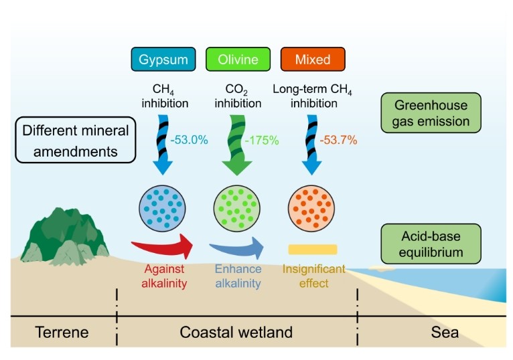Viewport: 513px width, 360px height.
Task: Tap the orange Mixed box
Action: (312, 59)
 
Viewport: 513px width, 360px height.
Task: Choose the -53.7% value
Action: (338, 140)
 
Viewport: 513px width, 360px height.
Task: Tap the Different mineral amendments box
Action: (74, 139)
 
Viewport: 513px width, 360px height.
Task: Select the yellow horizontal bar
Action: (312, 250)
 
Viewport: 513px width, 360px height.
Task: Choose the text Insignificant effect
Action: (313, 276)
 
